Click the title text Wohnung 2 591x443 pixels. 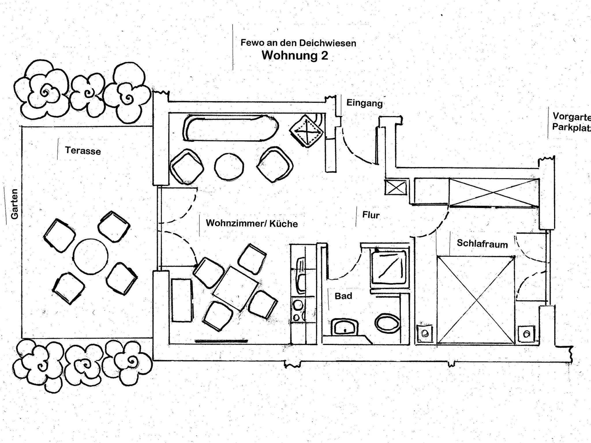pos(295,55)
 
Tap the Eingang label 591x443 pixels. pos(364,103)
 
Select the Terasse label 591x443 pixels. pos(83,151)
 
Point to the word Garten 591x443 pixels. pos(14,204)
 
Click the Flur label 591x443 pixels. pos(371,215)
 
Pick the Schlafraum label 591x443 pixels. pos(482,244)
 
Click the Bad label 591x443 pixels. pos(343,296)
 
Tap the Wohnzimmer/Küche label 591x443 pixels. pos(252,223)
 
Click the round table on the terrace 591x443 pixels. pos(90,256)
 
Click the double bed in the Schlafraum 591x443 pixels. pos(476,300)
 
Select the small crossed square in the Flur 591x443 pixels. pos(396,188)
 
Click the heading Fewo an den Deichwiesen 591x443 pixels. pos(298,43)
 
